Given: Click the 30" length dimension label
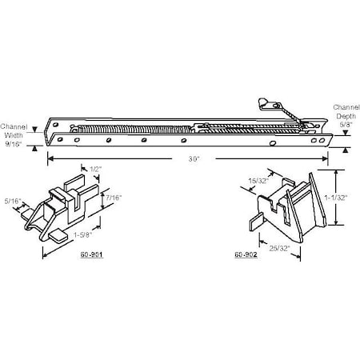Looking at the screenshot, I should (193, 159).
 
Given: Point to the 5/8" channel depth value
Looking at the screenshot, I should (346, 123).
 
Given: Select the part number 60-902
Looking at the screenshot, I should (245, 255).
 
